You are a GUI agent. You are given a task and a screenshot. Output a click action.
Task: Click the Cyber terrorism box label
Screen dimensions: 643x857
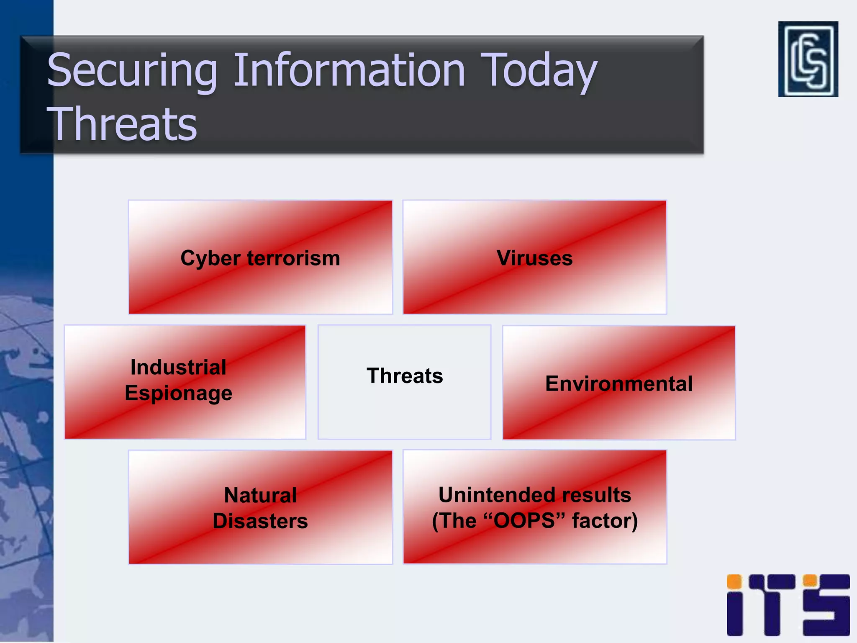[260, 258]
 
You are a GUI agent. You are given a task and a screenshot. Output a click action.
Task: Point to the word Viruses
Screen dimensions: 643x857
[534, 258]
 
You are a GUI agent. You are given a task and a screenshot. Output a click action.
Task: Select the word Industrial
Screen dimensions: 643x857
[178, 368]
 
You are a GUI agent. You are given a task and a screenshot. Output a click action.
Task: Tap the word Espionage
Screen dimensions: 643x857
[178, 394]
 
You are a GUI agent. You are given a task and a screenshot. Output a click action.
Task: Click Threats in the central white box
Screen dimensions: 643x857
[404, 376]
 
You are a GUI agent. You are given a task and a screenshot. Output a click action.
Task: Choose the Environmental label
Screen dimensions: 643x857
[618, 383]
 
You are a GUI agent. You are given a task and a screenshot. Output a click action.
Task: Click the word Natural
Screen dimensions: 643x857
[260, 495]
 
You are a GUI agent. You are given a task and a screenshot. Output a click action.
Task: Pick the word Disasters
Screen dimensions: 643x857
[260, 521]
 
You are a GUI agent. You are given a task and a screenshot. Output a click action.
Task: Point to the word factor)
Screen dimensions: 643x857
[605, 521]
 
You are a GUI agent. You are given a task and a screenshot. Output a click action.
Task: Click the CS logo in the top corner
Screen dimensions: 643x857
[808, 59]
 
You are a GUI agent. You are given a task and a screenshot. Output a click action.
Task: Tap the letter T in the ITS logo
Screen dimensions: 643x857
[772, 605]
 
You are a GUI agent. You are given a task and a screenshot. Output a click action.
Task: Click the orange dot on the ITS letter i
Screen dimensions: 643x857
[734, 582]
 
